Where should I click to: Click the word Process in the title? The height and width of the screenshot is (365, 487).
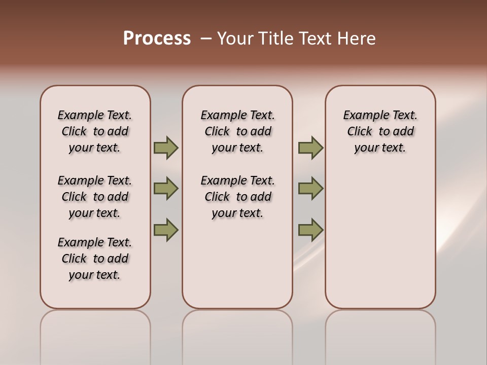[x=157, y=38]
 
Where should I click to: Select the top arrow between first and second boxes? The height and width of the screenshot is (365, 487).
[x=165, y=148]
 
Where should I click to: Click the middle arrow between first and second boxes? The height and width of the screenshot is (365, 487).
[x=165, y=189]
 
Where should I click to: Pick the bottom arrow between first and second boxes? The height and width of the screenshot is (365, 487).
[x=165, y=230]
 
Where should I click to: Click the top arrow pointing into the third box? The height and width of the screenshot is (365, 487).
[x=310, y=148]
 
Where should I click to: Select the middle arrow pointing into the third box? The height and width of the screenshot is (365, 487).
[x=310, y=189]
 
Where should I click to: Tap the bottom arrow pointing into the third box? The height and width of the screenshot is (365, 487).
[x=310, y=230]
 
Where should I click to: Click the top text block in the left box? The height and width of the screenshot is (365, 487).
[x=95, y=131]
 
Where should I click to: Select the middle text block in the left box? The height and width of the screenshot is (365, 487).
[x=95, y=197]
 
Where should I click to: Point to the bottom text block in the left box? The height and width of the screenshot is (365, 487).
[x=95, y=259]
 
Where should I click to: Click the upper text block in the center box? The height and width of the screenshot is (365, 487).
[x=237, y=131]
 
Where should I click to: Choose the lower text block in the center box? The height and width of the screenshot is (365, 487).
[x=237, y=197]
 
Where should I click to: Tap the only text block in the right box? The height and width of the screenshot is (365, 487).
[x=380, y=131]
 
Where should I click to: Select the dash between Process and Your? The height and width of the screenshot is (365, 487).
[x=205, y=39]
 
